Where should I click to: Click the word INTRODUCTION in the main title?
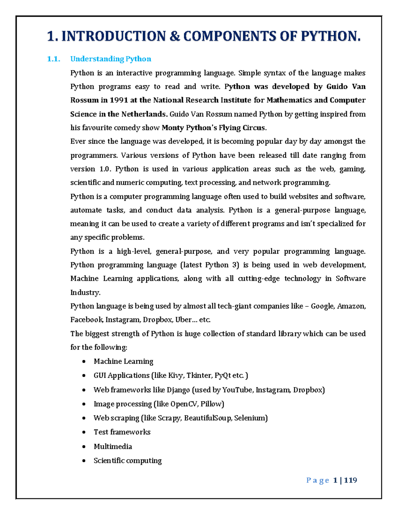[113, 36]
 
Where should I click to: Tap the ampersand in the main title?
[174, 36]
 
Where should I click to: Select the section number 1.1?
[53, 59]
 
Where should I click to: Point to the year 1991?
[119, 100]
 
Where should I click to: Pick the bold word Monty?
[172, 128]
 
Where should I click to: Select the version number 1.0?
[104, 169]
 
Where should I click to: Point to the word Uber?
[183, 320]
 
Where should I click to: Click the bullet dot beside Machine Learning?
[84, 361]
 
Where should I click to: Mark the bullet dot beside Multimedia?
[84, 447]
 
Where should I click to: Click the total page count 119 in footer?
[351, 480]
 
